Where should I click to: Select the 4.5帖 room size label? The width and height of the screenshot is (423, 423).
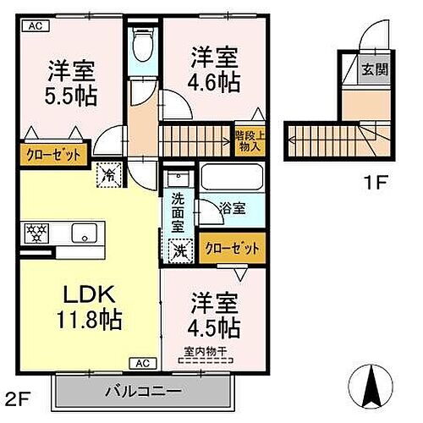pos(213,325)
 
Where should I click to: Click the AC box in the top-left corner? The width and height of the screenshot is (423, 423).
pos(35,27)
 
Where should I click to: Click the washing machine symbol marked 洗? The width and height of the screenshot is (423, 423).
pos(179,250)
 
